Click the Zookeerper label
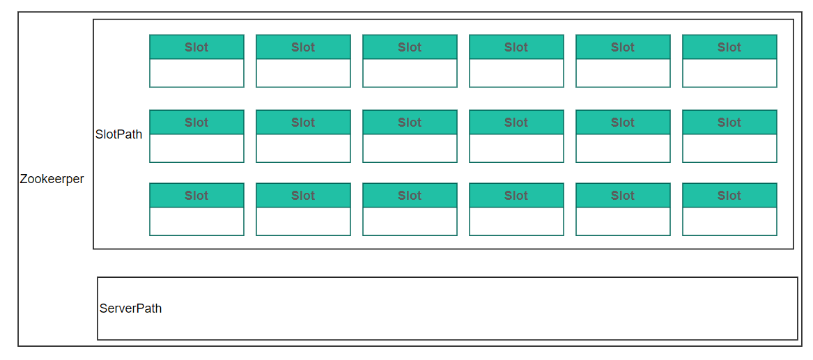(52, 179)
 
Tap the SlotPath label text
(118, 134)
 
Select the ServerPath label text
(131, 308)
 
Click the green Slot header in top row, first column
(196, 47)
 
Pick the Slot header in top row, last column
(729, 47)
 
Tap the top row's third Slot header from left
(410, 47)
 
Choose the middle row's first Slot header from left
(196, 123)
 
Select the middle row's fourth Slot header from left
(516, 123)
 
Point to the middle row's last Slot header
(729, 123)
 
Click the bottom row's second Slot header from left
(303, 195)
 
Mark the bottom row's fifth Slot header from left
(623, 195)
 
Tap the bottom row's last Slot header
(729, 195)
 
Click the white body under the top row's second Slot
(303, 73)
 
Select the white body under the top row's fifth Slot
(623, 73)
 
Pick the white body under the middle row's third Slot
(410, 148)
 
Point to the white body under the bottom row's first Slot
(196, 221)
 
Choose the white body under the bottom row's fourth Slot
(516, 221)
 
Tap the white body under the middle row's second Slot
(303, 148)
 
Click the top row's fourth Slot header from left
(516, 47)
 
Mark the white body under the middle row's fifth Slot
(623, 148)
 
